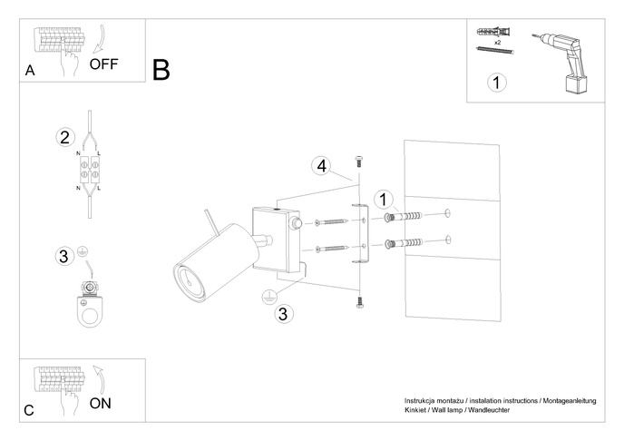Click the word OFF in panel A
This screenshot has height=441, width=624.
pos(104,64)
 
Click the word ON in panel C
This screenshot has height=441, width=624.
pos(101,404)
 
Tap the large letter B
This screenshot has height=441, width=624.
pos(161,70)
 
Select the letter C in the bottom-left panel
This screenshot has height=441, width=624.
pos(30,411)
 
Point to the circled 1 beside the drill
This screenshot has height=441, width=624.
pos(496,83)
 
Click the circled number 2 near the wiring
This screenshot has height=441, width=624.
pos(64,138)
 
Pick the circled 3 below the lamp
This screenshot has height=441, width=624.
pos(283,314)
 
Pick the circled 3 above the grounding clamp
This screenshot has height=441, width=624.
pos(64,256)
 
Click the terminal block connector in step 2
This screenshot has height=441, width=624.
pos(91,171)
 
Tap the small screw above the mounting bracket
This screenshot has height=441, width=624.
pos(359,161)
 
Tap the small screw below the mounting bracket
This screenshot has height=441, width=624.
pos(359,303)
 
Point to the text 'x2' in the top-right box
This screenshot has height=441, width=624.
pos(498,43)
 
